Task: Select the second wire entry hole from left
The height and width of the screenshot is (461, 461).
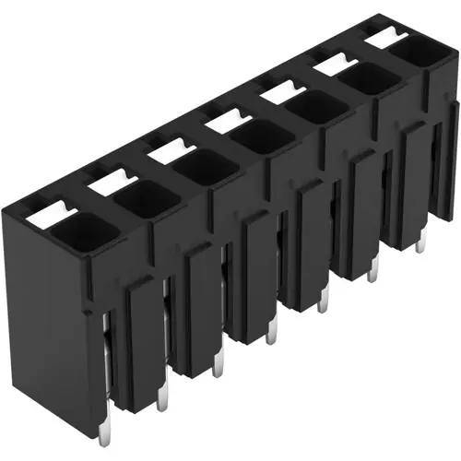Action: [x=143, y=199]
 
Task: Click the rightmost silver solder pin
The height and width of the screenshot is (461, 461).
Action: [x=420, y=242]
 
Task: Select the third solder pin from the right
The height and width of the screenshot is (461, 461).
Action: [x=323, y=299]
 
